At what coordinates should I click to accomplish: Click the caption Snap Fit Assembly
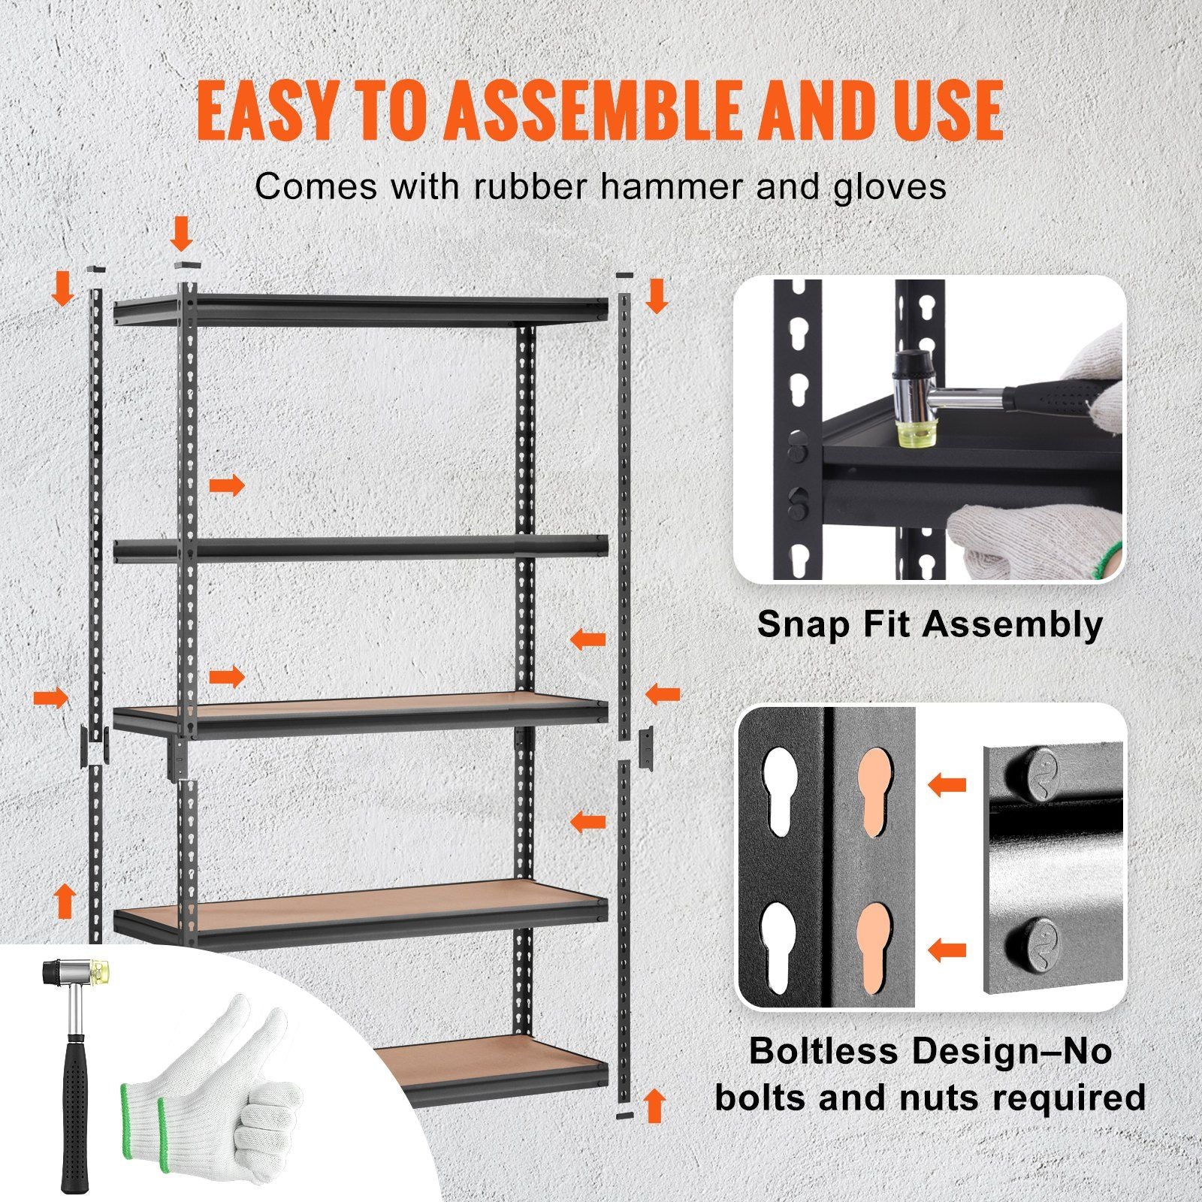(x=930, y=624)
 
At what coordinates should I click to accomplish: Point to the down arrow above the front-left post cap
(x=181, y=233)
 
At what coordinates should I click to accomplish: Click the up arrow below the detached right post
(x=655, y=1107)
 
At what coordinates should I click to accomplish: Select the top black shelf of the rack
(x=361, y=308)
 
